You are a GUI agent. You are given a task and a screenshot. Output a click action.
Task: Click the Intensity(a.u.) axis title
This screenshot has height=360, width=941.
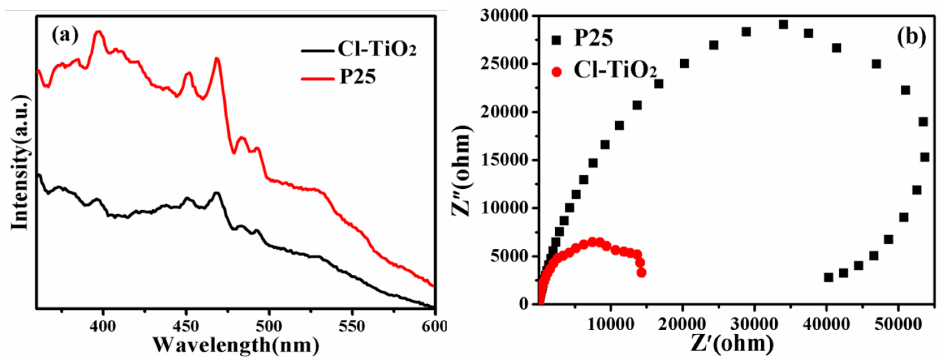coord(20,163)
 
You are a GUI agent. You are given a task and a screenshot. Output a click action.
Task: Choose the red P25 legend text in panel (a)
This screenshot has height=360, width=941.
coord(357,77)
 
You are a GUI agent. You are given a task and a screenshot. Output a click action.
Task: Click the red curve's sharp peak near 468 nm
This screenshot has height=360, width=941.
coord(217,59)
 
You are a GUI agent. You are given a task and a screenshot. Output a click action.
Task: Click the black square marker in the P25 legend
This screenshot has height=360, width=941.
coord(556,40)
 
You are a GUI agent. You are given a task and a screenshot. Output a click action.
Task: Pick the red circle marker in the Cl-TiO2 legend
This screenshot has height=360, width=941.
coord(556,71)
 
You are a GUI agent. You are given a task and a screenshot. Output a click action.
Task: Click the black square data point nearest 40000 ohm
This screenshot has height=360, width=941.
coord(828,277)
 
